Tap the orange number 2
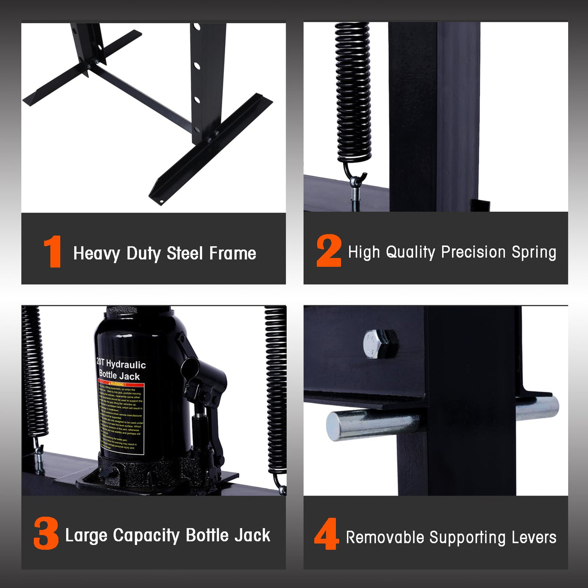pyautogui.click(x=329, y=250)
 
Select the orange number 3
pyautogui.click(x=46, y=533)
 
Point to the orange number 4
pyautogui.click(x=326, y=534)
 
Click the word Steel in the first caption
pyautogui.click(x=185, y=253)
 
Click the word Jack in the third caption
pyautogui.click(x=252, y=535)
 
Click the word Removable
pyautogui.click(x=385, y=537)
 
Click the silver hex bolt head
pyautogui.click(x=380, y=343)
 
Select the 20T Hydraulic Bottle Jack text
pyautogui.click(x=120, y=370)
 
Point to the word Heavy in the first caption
pyautogui.click(x=96, y=253)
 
